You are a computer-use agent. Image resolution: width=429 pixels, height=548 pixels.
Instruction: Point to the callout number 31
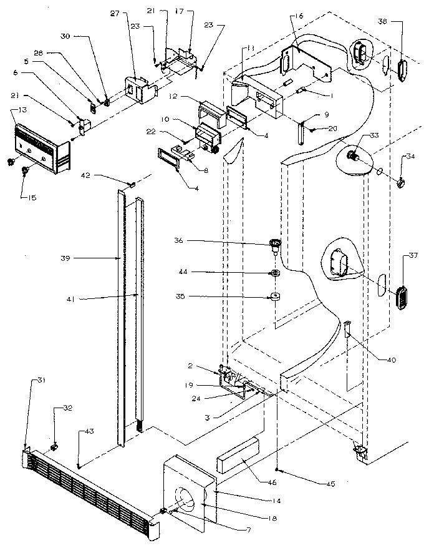(24, 380)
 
